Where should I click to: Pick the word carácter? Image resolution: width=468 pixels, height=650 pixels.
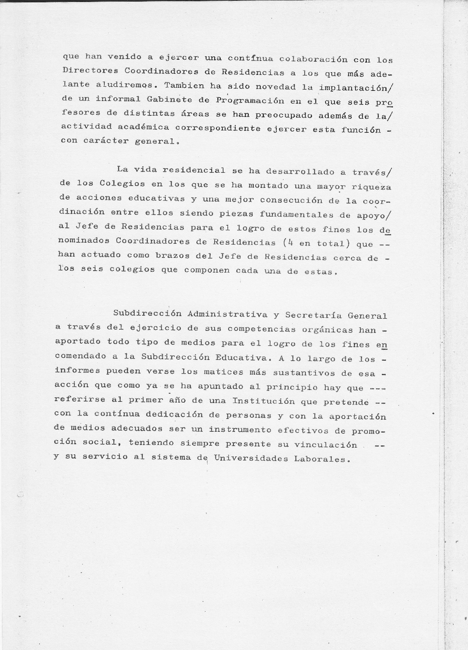point(106,141)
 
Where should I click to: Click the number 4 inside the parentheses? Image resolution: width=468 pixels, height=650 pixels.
point(285,243)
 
